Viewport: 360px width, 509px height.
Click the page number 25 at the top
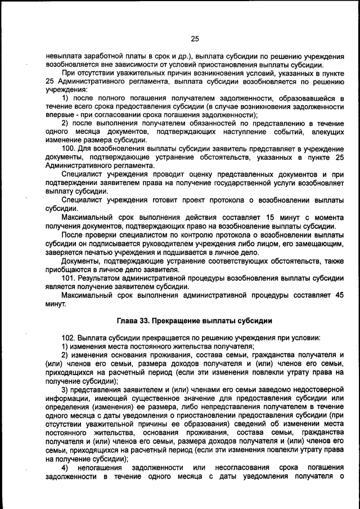195,39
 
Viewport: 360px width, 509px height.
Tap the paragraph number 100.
69,148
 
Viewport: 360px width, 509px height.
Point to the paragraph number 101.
69,278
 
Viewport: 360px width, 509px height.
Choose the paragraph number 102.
69,337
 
